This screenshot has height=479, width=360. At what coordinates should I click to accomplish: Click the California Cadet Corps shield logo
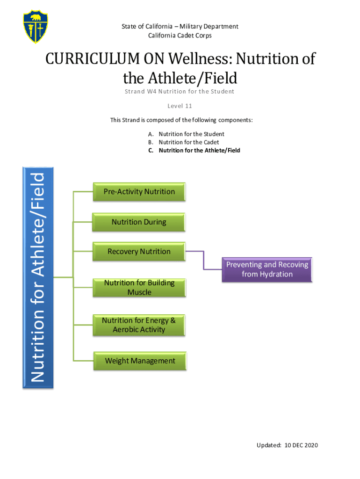point(36,27)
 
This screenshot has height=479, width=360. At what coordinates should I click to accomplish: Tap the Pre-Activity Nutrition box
point(139,192)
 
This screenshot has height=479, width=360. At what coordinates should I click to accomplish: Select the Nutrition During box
point(139,222)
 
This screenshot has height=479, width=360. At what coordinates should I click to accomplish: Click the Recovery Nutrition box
point(139,252)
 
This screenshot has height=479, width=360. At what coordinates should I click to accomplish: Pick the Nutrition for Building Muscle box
point(139,288)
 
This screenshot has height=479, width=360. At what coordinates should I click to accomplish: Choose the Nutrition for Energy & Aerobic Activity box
point(139,325)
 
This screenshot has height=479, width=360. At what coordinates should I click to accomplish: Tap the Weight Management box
point(140,361)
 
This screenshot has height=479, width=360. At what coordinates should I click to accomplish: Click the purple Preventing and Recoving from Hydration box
point(267,269)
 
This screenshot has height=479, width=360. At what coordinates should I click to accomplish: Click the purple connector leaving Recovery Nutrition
point(204,260)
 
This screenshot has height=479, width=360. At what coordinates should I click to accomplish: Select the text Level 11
point(180,106)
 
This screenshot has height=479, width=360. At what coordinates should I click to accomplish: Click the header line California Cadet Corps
point(180,36)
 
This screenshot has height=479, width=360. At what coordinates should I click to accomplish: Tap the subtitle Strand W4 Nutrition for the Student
point(180,92)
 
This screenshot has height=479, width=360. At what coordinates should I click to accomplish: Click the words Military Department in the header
point(212,27)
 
